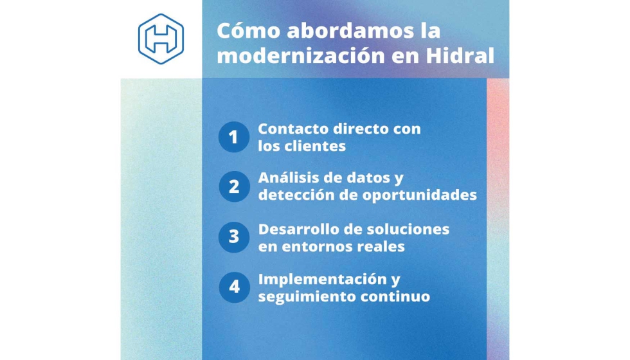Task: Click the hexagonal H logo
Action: coord(161,39)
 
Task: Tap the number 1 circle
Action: coord(234,137)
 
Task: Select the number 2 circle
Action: coord(234,186)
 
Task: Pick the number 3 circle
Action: coord(234,237)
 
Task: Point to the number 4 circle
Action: coord(234,287)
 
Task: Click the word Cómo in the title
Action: coord(248,31)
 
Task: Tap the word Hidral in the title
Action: coord(460,55)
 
